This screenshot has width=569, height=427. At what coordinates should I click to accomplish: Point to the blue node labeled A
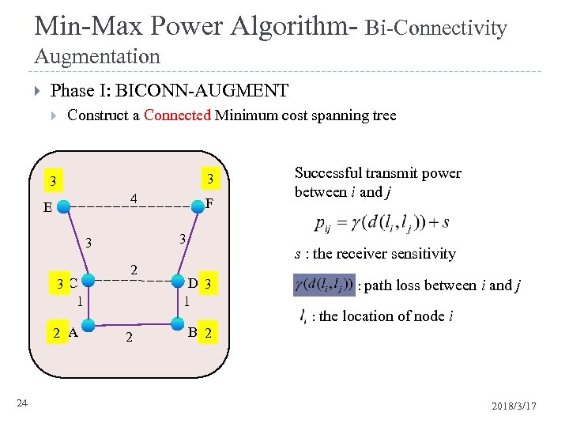pyautogui.click(x=89, y=324)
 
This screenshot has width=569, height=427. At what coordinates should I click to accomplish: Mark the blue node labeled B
pyautogui.click(x=176, y=324)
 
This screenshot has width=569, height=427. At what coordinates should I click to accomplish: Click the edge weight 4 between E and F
pyautogui.click(x=134, y=197)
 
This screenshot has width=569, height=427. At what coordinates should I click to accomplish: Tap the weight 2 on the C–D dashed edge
pyautogui.click(x=134, y=270)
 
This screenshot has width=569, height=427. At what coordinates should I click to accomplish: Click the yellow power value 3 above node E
pyautogui.click(x=52, y=181)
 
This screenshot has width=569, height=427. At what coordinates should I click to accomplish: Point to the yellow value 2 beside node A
pyautogui.click(x=56, y=332)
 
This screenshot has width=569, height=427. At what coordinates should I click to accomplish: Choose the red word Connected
pyautogui.click(x=178, y=115)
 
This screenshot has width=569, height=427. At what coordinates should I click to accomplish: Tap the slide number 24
pyautogui.click(x=22, y=404)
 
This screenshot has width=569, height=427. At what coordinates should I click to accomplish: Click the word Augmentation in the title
pyautogui.click(x=97, y=57)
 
